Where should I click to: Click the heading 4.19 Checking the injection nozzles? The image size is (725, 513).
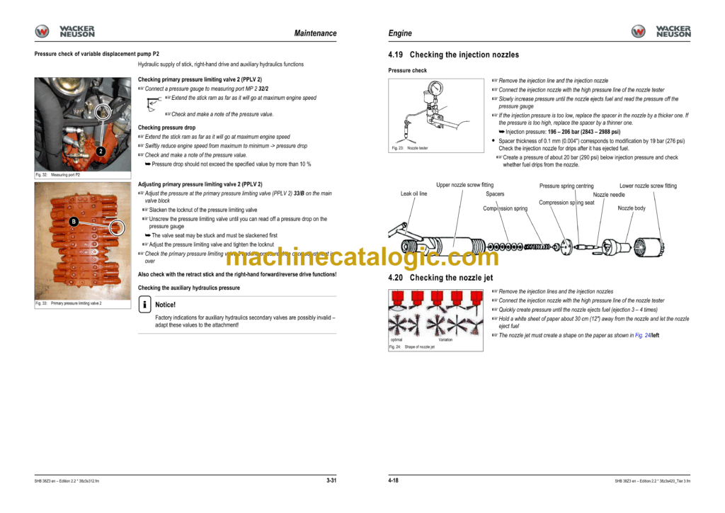click(454, 55)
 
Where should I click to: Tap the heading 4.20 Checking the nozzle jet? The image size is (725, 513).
click(440, 278)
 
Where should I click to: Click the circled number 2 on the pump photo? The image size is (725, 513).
click(101, 151)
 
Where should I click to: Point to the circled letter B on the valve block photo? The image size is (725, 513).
click(74, 222)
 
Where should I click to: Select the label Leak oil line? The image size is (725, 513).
click(413, 193)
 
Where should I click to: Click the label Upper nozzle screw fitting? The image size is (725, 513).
click(464, 185)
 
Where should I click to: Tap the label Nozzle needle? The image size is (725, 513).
click(609, 194)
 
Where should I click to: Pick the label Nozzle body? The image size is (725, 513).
click(632, 208)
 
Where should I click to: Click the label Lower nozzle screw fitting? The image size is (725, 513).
click(648, 186)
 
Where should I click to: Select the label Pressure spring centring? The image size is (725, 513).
click(566, 186)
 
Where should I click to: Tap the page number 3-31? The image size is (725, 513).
click(331, 480)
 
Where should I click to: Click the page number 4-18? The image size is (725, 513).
click(394, 480)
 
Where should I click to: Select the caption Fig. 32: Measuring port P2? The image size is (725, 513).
click(58, 174)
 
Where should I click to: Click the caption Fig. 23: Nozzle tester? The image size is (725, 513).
click(410, 148)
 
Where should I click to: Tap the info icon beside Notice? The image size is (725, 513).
click(144, 305)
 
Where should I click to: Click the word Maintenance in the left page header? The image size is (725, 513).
click(315, 33)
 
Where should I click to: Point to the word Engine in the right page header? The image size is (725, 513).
click(400, 33)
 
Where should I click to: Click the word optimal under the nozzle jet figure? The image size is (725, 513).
click(396, 339)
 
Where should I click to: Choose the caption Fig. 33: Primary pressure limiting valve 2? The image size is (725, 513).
click(69, 303)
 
